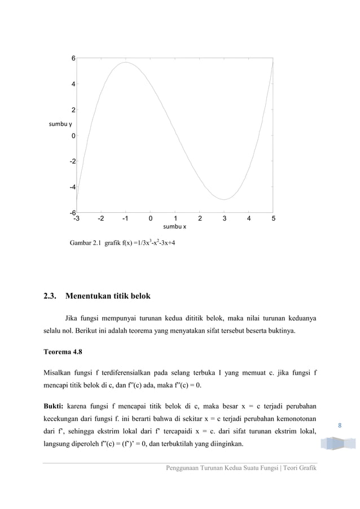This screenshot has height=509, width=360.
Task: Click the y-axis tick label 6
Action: pos(73,58)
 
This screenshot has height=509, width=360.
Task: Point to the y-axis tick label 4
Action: pos(73,84)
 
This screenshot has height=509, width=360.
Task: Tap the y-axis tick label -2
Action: pos(72,161)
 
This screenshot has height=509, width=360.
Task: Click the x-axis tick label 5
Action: pos(274,218)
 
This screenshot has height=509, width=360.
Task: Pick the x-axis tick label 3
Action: pos(225,218)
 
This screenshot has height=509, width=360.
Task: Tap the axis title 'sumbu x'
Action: pos(174,226)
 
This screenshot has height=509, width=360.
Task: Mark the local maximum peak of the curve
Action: pos(125,63)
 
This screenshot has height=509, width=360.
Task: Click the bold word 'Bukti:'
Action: pos(54,406)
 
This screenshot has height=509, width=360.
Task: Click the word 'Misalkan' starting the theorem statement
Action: pos(59,372)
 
